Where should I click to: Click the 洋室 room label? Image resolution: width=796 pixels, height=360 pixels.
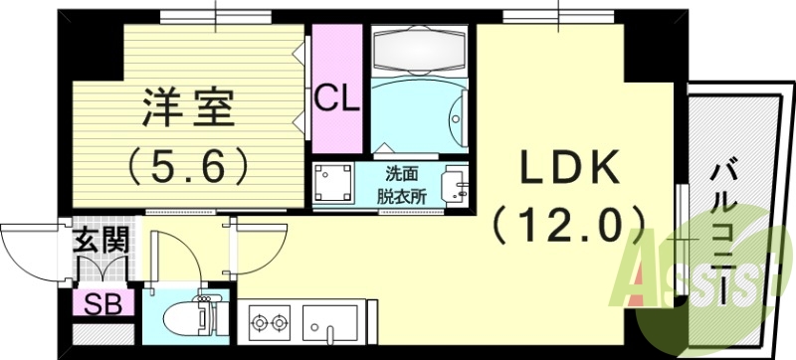(x=188, y=106)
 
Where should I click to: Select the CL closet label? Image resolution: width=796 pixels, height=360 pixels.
(x=336, y=97)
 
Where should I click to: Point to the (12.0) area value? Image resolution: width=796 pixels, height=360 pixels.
(x=569, y=228)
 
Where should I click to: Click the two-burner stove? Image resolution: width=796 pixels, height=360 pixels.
(x=269, y=324)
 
